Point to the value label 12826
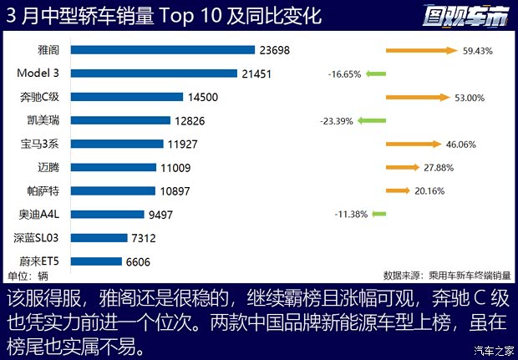191,120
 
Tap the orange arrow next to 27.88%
403,167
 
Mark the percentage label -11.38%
351,215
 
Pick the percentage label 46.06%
460,145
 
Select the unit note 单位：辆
28,276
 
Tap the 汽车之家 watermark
493,350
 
